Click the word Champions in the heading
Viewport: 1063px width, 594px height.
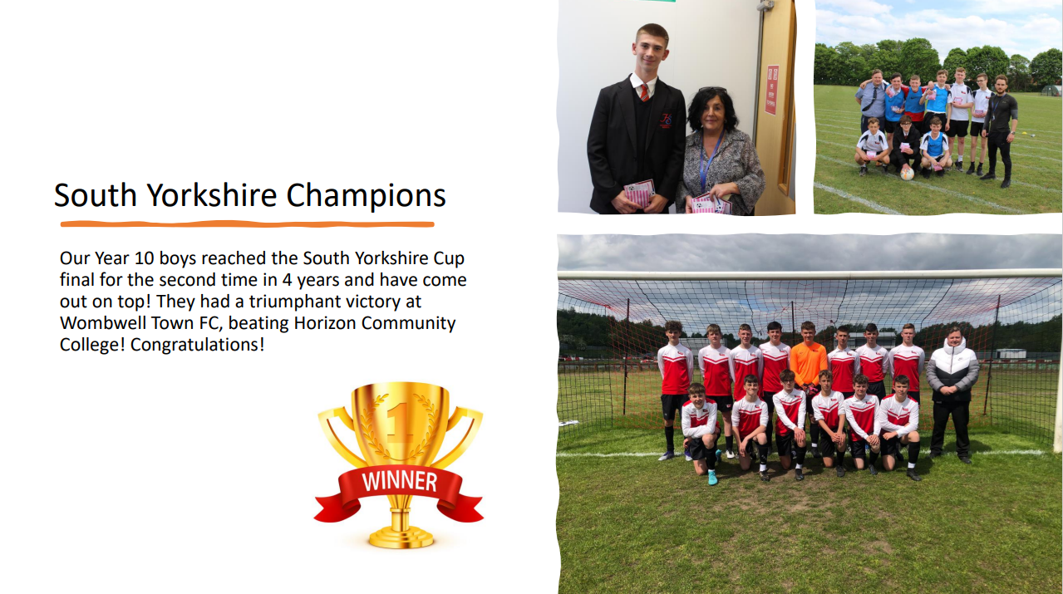366,195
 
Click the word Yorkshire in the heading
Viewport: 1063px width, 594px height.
212,195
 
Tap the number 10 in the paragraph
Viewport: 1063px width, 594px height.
144,258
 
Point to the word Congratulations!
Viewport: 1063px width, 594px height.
197,345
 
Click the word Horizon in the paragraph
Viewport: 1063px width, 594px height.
325,323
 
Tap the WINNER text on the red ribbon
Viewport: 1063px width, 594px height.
400,482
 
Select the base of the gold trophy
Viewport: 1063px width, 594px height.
401,538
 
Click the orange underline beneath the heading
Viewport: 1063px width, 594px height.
247,224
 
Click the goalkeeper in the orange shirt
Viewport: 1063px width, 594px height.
808,366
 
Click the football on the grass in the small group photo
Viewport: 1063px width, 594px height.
907,174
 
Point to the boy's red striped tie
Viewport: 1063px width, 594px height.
644,92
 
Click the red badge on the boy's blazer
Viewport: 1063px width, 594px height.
667,120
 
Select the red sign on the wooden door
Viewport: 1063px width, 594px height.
772,90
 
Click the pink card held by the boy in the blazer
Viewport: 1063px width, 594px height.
639,193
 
